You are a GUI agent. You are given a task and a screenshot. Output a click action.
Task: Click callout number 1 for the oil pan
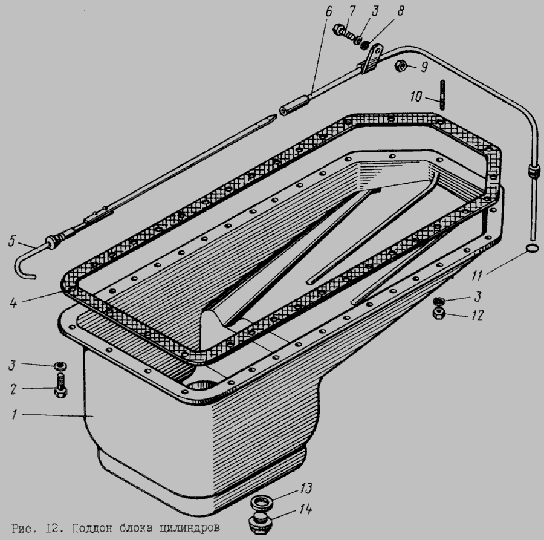(x=15, y=415)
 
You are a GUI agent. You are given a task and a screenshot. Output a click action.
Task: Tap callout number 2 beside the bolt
(x=13, y=389)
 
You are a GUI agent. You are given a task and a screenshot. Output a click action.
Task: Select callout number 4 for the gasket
(x=13, y=302)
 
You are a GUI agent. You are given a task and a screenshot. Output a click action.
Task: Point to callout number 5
(x=12, y=241)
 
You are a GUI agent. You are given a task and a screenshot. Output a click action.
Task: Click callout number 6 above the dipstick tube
(x=328, y=12)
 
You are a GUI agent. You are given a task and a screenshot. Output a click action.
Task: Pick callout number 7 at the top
(x=352, y=11)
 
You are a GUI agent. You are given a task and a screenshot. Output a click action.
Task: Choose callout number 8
(x=400, y=11)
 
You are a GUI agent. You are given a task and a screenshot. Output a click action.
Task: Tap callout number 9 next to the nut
(x=424, y=67)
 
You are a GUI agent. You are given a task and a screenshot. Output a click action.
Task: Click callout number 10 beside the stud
(x=416, y=97)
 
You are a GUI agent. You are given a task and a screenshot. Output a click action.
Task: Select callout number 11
(x=477, y=276)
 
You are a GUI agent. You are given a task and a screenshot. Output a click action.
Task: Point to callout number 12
(x=478, y=315)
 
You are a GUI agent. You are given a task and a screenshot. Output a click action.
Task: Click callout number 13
(x=305, y=488)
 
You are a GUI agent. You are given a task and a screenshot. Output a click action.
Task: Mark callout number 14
(x=305, y=509)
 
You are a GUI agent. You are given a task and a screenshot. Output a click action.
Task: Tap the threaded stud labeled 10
(x=442, y=95)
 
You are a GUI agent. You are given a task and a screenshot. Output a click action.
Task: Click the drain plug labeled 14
(x=259, y=524)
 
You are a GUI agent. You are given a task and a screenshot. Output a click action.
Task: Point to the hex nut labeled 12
(x=439, y=313)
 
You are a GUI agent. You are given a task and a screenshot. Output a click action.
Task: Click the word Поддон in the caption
(x=91, y=528)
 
